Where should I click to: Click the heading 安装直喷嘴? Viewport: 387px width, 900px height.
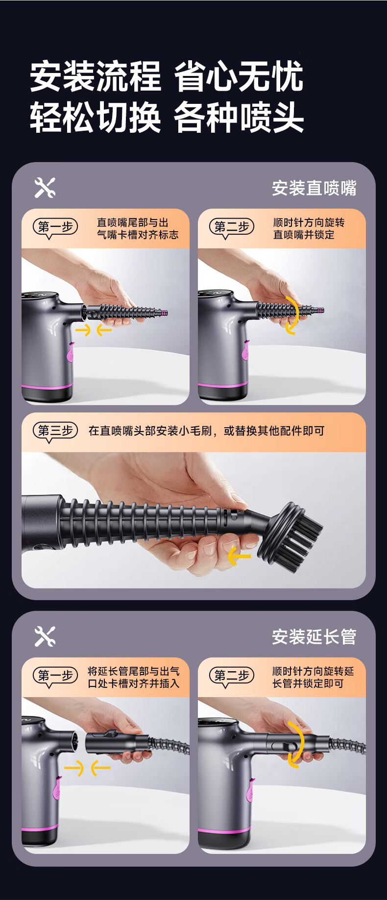click(x=314, y=188)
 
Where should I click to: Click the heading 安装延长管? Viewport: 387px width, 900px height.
click(x=314, y=637)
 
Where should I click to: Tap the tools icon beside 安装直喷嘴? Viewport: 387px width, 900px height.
click(x=45, y=188)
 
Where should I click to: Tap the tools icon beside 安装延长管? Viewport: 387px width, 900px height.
click(x=45, y=636)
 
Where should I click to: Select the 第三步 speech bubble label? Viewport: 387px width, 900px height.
click(x=55, y=431)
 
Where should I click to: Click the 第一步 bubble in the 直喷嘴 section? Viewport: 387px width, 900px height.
click(x=55, y=227)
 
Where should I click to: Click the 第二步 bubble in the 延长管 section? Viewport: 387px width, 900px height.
click(x=231, y=676)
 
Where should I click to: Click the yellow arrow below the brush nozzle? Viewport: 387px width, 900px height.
click(x=239, y=556)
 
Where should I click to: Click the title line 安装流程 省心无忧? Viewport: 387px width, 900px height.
click(x=167, y=76)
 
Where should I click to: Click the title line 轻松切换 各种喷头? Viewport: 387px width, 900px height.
click(x=167, y=118)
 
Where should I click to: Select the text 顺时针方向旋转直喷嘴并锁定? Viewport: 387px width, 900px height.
click(x=309, y=229)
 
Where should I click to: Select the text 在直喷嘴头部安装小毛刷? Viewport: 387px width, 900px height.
click(x=150, y=431)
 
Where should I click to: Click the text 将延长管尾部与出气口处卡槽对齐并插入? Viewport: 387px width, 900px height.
click(x=134, y=678)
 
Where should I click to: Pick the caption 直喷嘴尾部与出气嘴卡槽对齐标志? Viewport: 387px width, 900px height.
click(x=138, y=229)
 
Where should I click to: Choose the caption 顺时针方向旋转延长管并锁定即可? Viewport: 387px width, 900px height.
click(x=313, y=678)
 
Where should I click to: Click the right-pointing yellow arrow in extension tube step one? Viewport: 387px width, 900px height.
click(x=74, y=768)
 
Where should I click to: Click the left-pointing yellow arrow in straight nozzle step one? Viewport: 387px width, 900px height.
click(x=104, y=330)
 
